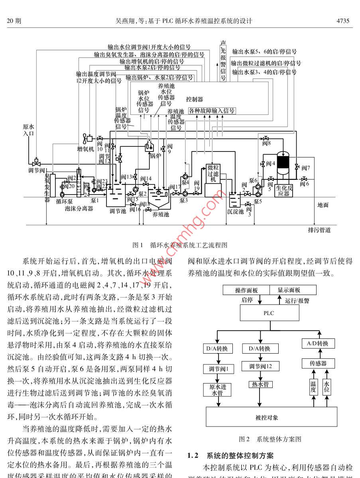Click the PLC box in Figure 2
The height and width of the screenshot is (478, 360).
(x=269, y=313)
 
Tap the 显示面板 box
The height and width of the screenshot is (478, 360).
(x=293, y=290)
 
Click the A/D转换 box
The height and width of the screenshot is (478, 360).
(x=318, y=344)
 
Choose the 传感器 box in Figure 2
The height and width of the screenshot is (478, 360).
(x=318, y=363)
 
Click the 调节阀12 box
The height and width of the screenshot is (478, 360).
(x=260, y=366)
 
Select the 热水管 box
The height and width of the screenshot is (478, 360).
(x=260, y=384)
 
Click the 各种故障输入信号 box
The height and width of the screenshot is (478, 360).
(x=212, y=110)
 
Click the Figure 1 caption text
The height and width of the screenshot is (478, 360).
(x=180, y=245)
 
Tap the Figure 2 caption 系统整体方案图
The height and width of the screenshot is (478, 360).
(x=270, y=439)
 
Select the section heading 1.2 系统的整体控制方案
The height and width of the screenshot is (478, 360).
(x=230, y=455)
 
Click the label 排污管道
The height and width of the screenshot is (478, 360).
(x=319, y=230)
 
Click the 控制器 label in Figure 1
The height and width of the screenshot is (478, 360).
(x=195, y=99)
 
